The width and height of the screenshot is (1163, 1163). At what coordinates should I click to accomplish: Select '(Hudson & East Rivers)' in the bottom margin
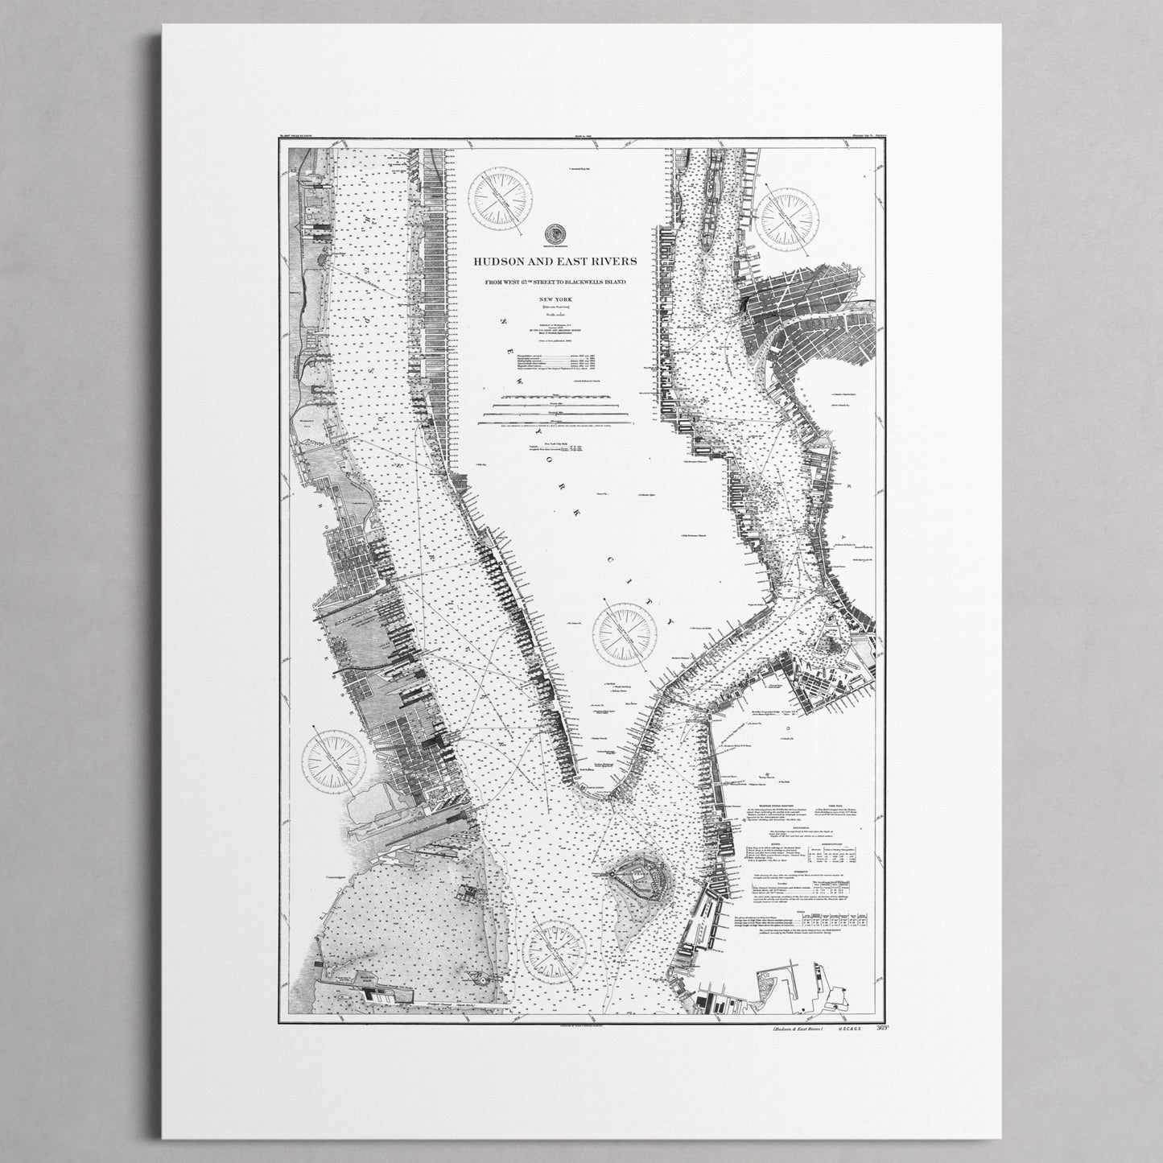pos(794,1029)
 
